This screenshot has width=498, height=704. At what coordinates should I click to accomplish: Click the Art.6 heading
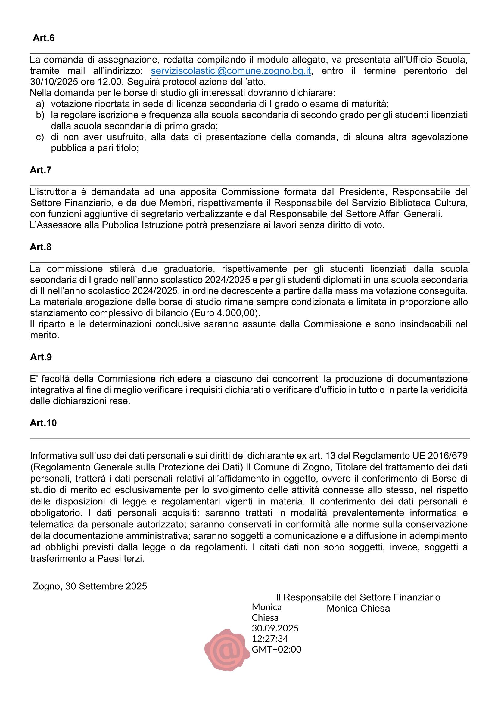pos(44,38)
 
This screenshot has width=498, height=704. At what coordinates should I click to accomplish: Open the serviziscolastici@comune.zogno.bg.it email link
pos(231,71)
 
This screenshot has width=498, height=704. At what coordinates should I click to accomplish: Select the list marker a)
pos(40,104)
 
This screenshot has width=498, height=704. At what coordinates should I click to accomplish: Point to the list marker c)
pos(40,137)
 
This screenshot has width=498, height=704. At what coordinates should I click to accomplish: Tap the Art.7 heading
pos(40,170)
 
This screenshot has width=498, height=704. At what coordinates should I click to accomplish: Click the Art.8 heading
pos(40,247)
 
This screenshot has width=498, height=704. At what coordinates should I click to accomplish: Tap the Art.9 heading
pos(41,357)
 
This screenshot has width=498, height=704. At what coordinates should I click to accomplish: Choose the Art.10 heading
pos(43,423)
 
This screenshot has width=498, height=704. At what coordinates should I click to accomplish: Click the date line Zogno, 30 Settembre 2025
pos(90,586)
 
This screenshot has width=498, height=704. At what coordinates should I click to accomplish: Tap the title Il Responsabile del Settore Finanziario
pos(358,597)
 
